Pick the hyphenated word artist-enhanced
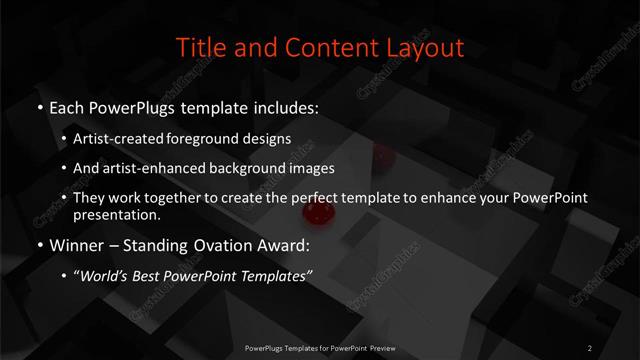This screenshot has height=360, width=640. click(151, 168)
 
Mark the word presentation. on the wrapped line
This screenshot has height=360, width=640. click(117, 214)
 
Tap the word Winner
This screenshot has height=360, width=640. click(76, 244)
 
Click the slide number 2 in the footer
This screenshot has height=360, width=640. click(590, 347)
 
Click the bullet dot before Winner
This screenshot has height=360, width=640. click(39, 245)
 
